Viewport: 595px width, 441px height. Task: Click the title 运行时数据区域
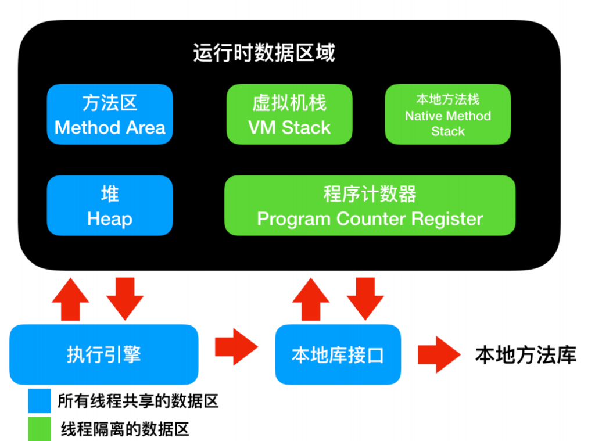(264, 52)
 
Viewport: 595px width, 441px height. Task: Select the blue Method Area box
(110, 114)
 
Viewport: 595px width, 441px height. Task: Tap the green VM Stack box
(289, 114)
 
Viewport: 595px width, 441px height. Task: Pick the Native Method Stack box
(448, 114)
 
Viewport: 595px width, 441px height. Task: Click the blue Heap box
(110, 205)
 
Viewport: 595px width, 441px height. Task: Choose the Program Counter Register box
(370, 205)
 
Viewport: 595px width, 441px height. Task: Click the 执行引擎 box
(103, 354)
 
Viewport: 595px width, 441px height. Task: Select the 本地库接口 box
(338, 354)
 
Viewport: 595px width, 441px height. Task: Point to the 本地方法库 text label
(525, 355)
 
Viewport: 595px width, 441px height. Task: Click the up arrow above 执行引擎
(70, 299)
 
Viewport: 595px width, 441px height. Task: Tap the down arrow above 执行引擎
(125, 299)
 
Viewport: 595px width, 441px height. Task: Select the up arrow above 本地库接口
(311, 299)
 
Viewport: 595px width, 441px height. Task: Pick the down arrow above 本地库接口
(365, 299)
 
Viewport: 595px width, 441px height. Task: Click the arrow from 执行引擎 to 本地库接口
(236, 347)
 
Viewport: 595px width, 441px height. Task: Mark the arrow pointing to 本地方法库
(439, 354)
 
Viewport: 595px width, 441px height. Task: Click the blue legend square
(39, 400)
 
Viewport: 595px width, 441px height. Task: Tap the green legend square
(39, 429)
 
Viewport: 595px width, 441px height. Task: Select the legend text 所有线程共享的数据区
(138, 401)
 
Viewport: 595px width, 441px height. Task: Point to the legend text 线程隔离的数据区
(125, 429)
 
